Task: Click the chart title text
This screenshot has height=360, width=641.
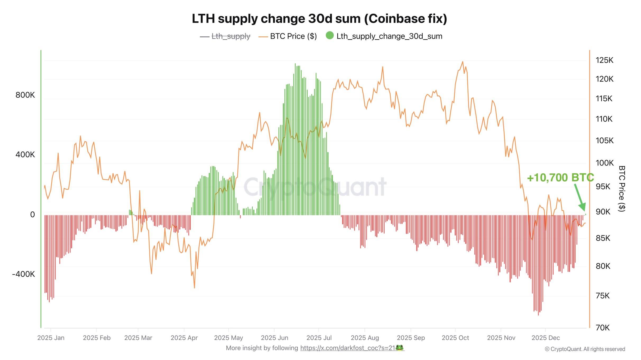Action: click(319, 19)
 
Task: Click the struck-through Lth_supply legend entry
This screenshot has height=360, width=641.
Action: click(230, 36)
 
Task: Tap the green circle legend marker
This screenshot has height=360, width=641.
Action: click(330, 35)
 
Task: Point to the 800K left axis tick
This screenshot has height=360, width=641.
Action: click(25, 95)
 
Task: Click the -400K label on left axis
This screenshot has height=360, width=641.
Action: click(23, 274)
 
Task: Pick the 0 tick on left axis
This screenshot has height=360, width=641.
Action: click(32, 215)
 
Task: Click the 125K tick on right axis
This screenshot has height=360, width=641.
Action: click(604, 60)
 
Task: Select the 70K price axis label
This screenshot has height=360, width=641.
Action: click(602, 328)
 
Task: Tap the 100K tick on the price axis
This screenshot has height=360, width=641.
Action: click(604, 163)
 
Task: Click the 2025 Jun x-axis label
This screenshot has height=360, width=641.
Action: click(274, 338)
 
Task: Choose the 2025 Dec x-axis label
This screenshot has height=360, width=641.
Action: click(546, 338)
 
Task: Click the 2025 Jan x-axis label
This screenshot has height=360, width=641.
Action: click(51, 338)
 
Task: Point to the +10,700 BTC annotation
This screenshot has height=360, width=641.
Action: click(560, 178)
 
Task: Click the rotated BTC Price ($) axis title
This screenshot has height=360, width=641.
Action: click(622, 188)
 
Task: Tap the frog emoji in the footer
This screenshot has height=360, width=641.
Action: click(399, 348)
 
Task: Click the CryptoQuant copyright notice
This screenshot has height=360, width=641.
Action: click(585, 349)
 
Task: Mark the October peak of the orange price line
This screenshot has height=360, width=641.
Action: click(463, 62)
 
